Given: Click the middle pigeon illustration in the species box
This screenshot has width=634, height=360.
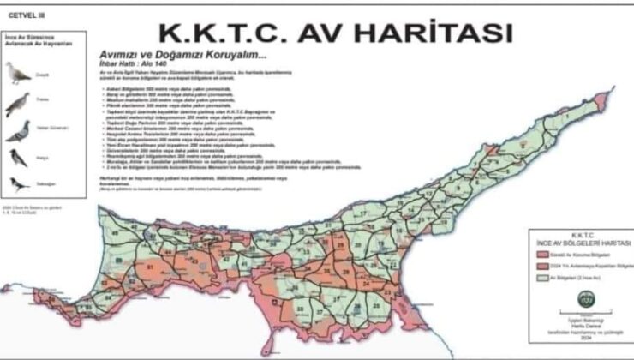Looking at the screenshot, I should (x=18, y=131).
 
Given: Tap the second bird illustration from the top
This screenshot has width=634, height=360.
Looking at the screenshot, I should (x=18, y=104).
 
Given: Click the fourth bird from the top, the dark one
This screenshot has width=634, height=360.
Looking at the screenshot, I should (x=18, y=158).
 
